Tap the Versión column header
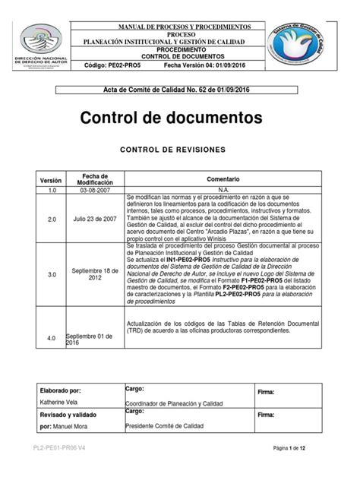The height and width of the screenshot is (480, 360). click(x=51, y=181)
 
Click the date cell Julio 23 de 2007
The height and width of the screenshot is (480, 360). click(x=93, y=219)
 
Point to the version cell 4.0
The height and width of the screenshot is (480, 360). click(x=52, y=336)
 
